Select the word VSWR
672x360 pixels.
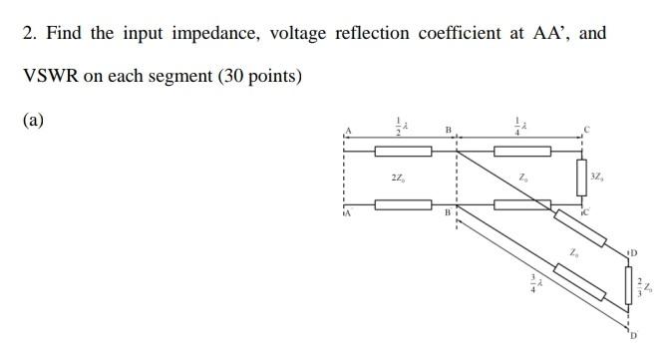coord(46,76)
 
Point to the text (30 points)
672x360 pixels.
coord(252,76)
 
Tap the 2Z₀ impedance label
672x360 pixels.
coord(399,179)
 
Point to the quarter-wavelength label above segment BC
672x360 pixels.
coord(519,127)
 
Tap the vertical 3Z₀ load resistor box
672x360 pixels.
coord(582,178)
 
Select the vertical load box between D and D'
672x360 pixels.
coord(630,288)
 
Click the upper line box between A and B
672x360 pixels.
coord(403,152)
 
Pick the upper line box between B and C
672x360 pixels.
coord(522,152)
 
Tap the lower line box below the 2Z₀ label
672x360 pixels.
coord(403,203)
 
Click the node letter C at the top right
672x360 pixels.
coord(588,130)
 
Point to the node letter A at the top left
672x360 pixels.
coord(349,131)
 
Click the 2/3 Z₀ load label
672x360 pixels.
coord(647,287)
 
